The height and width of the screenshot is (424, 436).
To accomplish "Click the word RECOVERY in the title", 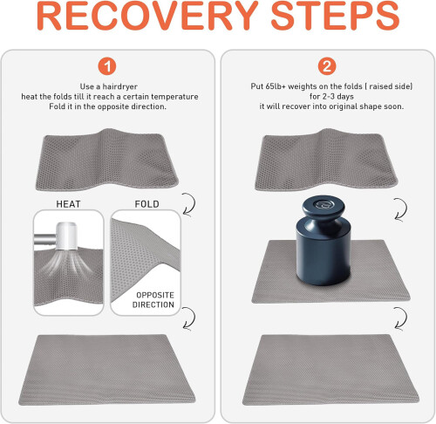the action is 147,16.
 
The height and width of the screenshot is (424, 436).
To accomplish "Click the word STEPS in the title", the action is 335,16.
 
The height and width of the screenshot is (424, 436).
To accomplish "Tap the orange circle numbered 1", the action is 107,66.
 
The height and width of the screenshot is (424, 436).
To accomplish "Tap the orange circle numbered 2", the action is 327,66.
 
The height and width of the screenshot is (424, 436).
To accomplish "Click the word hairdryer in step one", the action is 120,86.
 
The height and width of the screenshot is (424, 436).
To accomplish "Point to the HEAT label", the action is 68,204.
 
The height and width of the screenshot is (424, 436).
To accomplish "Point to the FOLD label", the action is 146,204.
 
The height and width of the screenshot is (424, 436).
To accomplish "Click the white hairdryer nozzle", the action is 66,236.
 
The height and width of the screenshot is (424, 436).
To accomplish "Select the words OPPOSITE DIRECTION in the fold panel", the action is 153,300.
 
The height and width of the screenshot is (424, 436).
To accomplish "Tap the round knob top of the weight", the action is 324,207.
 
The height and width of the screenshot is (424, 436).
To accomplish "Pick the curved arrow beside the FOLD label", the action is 190,204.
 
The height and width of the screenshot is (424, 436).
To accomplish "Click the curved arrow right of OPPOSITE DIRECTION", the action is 190,318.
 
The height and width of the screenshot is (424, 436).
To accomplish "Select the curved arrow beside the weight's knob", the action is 402,209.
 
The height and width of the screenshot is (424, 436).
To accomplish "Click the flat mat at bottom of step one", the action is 107,370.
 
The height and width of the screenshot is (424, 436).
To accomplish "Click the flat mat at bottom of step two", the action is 330,370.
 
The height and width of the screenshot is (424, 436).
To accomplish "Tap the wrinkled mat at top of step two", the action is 326,160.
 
